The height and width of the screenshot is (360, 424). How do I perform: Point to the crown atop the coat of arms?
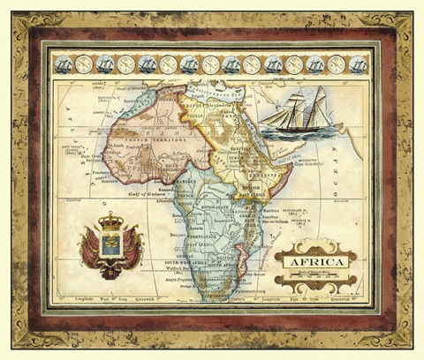(x=111, y=221)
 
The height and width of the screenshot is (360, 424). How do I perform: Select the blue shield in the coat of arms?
(x=111, y=244)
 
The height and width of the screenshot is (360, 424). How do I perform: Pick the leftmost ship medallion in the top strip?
(x=63, y=64)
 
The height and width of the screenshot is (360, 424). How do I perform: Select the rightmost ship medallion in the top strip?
(x=358, y=64)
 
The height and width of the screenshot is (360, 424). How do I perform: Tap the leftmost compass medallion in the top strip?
(x=84, y=64)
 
